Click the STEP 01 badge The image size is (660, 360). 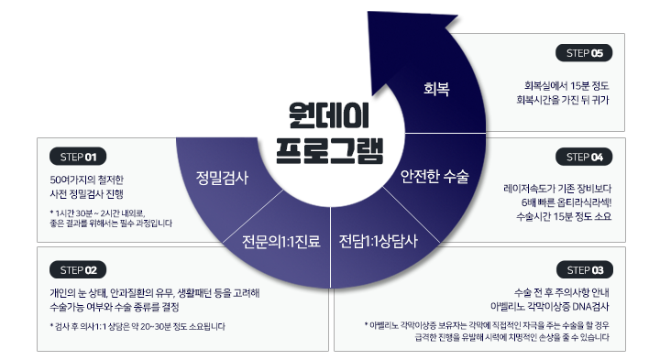(78, 157)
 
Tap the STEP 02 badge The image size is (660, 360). (78, 269)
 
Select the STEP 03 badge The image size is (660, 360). (585, 269)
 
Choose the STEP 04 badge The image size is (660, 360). (584, 157)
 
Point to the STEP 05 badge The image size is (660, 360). (584, 53)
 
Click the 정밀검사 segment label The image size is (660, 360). (222, 178)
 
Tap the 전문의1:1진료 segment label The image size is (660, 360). (281, 242)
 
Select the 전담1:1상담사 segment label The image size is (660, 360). (379, 241)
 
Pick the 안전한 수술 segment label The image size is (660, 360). (434, 176)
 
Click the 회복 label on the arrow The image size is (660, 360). (436, 89)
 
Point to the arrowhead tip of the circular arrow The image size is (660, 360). (368, 12)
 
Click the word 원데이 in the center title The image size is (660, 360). (329, 115)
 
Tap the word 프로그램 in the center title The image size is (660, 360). (330, 150)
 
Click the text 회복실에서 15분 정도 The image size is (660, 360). (566, 86)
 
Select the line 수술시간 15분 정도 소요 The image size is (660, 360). (564, 216)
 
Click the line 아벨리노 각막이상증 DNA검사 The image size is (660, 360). (550, 306)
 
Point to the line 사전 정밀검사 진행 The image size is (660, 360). (87, 194)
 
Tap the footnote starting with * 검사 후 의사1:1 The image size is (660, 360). (137, 326)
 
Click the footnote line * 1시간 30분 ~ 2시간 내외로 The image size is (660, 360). (97, 213)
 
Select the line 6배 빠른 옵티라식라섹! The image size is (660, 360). (566, 202)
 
